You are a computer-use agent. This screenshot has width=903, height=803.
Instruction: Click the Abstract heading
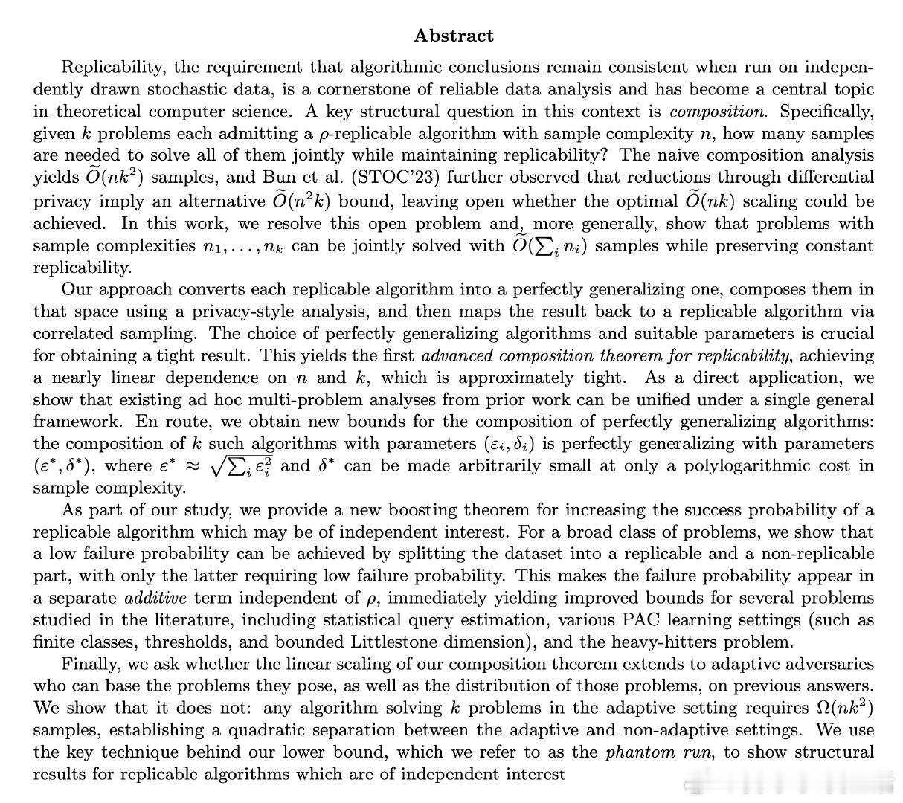453,35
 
